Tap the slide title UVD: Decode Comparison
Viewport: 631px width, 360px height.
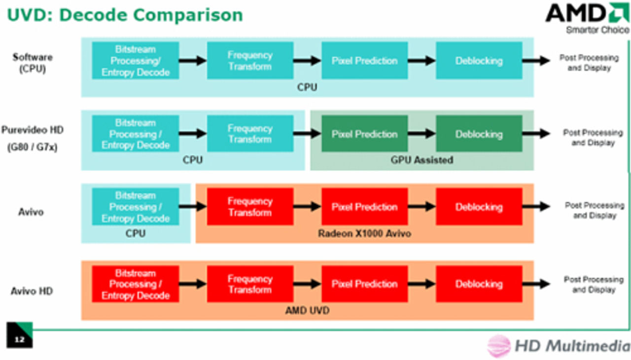125,14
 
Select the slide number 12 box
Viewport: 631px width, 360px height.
20,335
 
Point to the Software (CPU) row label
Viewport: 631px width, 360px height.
33,63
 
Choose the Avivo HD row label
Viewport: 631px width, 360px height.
32,291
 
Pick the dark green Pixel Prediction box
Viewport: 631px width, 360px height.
364,134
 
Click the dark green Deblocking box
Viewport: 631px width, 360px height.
479,134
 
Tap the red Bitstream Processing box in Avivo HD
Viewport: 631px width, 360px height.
135,284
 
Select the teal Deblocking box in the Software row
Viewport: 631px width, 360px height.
479,61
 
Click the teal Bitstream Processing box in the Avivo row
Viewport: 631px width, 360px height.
135,207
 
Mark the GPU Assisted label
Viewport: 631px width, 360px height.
421,160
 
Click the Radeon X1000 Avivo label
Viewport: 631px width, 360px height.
364,233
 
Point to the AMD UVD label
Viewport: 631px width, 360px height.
307,311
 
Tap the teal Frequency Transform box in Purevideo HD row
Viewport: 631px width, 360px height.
250,134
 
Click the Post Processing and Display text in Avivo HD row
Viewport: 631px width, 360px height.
594,285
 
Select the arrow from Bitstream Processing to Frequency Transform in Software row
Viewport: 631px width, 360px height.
193,61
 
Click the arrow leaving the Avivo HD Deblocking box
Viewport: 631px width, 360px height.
536,284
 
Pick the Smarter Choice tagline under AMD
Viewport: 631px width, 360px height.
597,30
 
